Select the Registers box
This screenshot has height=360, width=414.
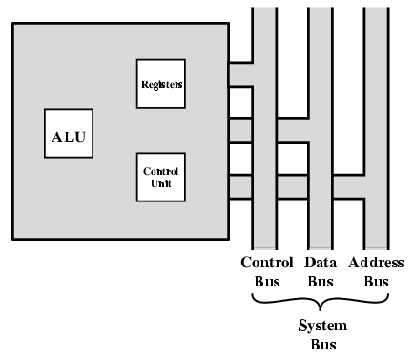(160, 84)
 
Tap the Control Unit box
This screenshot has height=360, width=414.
(160, 177)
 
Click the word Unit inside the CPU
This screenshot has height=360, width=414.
(160, 182)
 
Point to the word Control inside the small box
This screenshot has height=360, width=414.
(160, 171)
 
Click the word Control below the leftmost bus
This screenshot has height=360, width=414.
(260, 264)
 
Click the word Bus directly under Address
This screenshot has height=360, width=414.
(377, 283)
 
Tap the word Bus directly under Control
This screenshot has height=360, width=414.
(261, 283)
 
